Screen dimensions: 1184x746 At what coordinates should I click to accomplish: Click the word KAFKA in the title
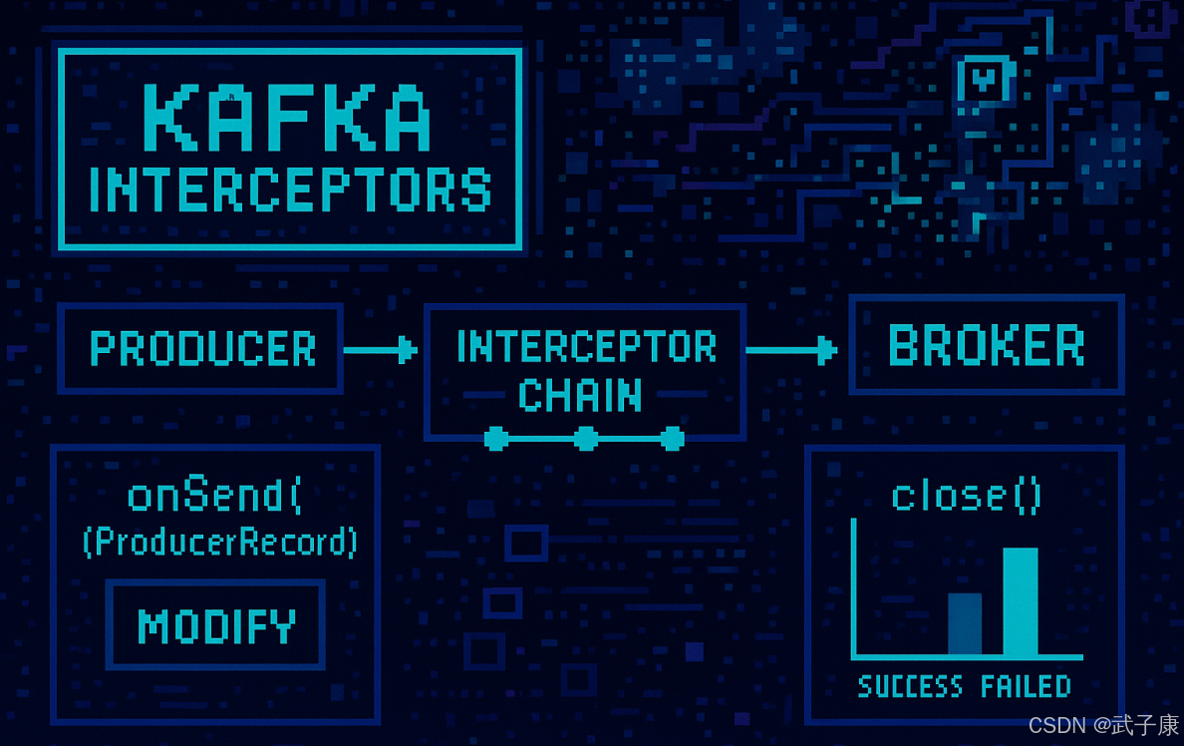coord(287,118)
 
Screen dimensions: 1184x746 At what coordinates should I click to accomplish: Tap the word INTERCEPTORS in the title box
coord(291,188)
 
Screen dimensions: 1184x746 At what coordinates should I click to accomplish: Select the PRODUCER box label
coord(202,348)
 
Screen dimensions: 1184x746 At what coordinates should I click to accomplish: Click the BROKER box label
coord(986,345)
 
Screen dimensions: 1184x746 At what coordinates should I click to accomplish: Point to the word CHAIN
coord(580,395)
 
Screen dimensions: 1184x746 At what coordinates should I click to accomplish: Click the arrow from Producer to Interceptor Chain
coord(380,350)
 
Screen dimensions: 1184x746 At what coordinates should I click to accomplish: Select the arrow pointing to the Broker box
coord(791,350)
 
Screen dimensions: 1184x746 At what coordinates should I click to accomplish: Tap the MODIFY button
coord(216,625)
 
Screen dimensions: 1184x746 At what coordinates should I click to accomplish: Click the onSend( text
coord(214,495)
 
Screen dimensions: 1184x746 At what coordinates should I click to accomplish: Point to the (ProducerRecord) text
coord(219,542)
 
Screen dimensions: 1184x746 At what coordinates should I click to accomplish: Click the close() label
coord(967,496)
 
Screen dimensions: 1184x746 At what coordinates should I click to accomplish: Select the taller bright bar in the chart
coord(1021,601)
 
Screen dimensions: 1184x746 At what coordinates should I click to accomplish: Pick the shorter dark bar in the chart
coord(965,624)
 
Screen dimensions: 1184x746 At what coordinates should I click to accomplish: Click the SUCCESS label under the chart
coord(911,686)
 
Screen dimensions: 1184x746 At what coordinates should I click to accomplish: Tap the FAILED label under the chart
coord(1027,686)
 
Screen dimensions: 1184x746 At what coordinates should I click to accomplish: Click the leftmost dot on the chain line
coord(495,439)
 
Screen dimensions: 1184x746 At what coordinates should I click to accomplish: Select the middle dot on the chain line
coord(586,439)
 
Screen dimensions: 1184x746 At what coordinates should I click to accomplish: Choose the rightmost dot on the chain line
coord(672,439)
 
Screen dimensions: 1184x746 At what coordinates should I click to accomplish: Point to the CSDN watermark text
coord(1103,725)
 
